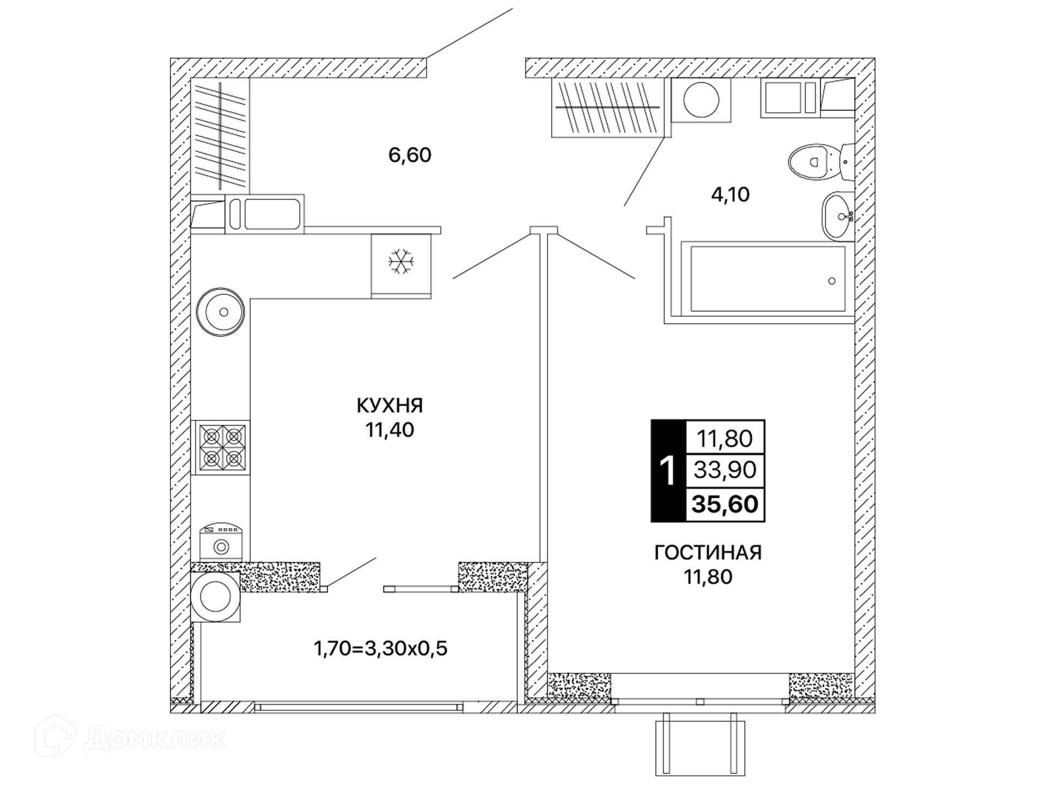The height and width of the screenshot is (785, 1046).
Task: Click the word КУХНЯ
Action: coord(390,405)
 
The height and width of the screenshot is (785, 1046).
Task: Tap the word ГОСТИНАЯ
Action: coord(708,552)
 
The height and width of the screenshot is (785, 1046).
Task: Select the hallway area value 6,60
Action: coord(410,155)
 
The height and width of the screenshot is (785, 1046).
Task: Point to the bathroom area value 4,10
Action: coord(730,194)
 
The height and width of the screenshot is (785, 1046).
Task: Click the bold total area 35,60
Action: coord(725,504)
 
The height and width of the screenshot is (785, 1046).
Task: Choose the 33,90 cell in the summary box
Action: coord(725,469)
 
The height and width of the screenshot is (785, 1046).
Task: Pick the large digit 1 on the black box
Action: coord(667,470)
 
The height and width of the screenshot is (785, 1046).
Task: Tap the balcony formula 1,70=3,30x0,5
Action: coord(380,648)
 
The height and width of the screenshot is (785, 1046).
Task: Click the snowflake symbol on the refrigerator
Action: coord(401,262)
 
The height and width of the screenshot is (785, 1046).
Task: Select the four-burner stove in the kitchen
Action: coord(222,448)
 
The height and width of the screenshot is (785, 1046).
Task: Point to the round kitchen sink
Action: coord(221,312)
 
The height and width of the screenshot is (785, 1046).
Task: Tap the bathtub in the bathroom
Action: coord(768,279)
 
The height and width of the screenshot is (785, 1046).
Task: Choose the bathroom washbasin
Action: coord(837,216)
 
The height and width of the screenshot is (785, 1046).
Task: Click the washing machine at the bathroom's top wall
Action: coord(701,100)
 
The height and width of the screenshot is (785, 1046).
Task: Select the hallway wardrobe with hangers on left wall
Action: coord(220,135)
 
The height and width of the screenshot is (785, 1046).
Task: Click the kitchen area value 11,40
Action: coord(390,430)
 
